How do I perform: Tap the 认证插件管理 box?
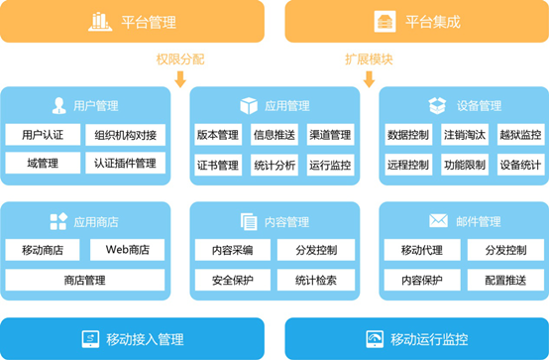(126, 163)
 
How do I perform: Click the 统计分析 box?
(274, 165)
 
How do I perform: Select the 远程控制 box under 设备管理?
(408, 165)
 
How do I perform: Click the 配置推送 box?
(503, 281)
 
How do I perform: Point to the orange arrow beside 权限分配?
(179, 78)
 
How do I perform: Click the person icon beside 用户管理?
(58, 105)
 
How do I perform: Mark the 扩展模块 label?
(370, 59)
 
